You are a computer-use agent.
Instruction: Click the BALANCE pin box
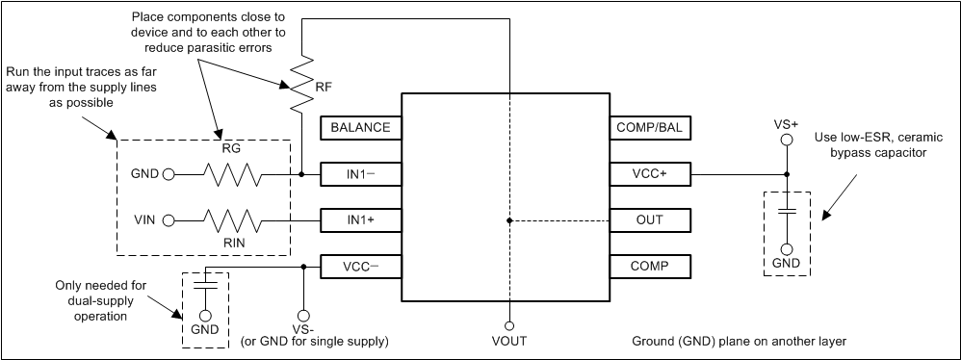coord(360,127)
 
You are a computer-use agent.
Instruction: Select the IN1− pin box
coord(360,174)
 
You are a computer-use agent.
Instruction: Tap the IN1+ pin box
coord(360,220)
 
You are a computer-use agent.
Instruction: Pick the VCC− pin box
coord(360,266)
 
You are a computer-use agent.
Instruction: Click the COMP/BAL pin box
coord(650,127)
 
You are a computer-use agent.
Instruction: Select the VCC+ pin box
coord(650,174)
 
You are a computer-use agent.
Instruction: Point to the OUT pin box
coord(650,220)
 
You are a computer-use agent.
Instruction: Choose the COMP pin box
coord(650,266)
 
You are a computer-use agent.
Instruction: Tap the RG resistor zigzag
coord(232,175)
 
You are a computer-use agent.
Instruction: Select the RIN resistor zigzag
coord(232,220)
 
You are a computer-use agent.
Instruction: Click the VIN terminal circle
coord(169,220)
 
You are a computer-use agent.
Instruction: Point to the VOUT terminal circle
coord(508,325)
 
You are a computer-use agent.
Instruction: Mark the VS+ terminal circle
coord(786,140)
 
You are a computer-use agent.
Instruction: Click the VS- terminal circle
coord(303,315)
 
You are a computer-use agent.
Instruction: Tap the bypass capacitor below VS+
coord(786,211)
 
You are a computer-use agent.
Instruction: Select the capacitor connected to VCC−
coord(204,285)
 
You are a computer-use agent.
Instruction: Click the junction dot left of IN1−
coord(302,175)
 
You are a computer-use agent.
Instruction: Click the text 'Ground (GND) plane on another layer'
coord(739,342)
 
